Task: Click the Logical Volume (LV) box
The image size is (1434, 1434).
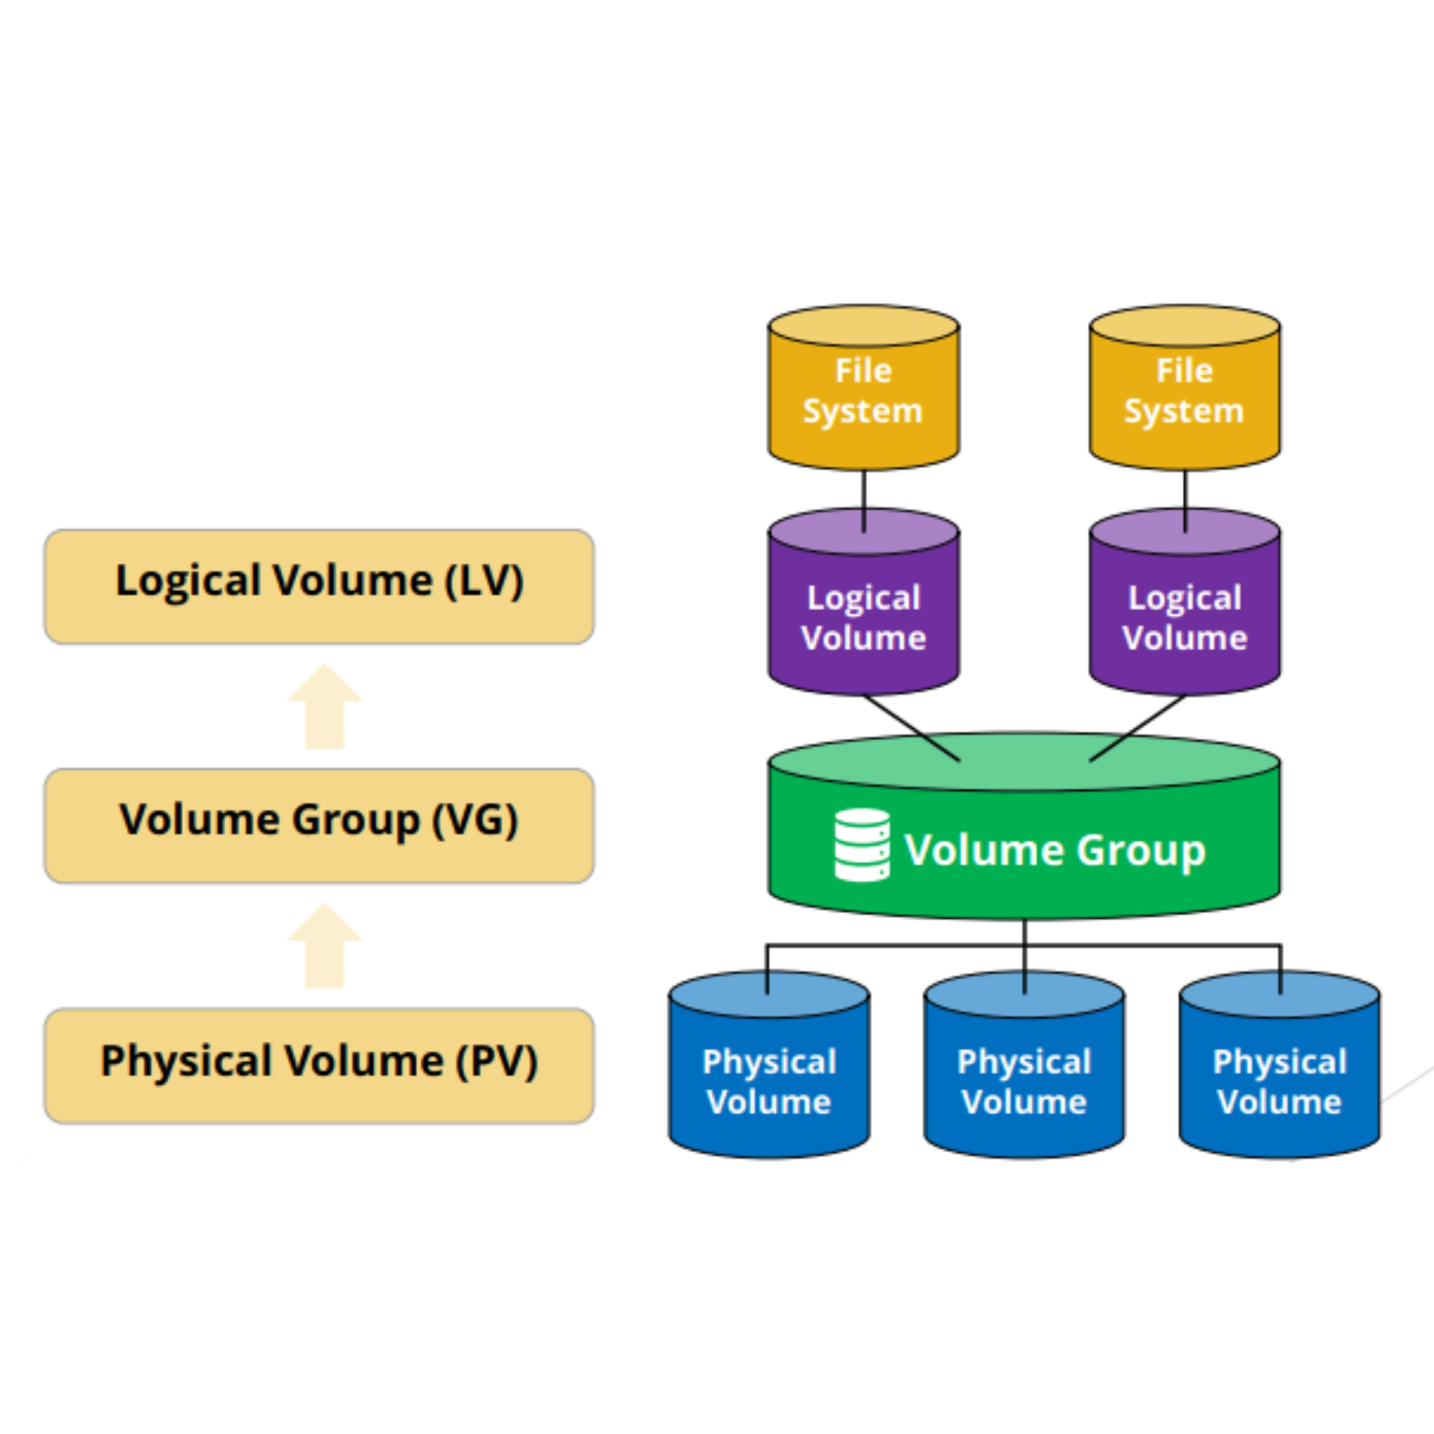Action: tap(319, 586)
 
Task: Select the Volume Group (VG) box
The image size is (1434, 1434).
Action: tap(319, 825)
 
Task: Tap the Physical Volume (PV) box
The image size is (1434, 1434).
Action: tap(319, 1066)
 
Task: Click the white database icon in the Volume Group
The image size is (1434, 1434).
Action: tap(862, 845)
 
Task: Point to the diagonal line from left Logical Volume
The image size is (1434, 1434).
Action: tap(911, 727)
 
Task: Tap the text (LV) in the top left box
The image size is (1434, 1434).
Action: tap(484, 580)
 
